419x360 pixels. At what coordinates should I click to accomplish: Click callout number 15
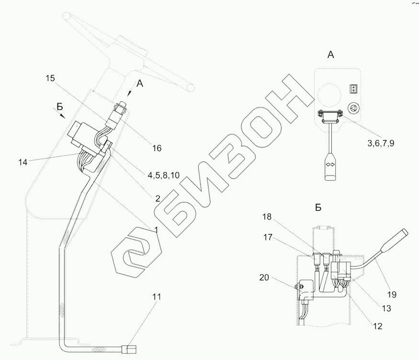(50, 78)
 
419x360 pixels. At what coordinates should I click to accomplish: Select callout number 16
(157, 148)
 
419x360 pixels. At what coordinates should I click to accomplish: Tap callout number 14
(23, 162)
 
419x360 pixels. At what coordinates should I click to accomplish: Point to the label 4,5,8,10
(164, 175)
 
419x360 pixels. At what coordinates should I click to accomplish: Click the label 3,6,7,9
(381, 143)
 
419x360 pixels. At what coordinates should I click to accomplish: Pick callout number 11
(157, 297)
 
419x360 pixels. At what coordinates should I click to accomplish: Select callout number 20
(264, 278)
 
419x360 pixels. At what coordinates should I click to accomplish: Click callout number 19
(392, 294)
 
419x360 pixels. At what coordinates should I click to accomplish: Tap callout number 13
(386, 308)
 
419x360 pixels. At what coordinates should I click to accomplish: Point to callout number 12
(378, 326)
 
